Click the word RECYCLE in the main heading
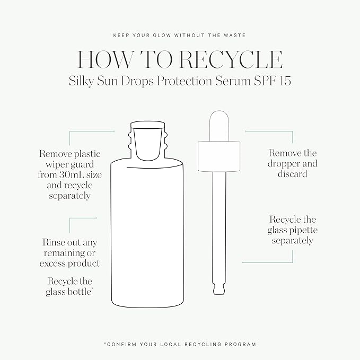coord(231,59)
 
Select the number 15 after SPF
coord(285,81)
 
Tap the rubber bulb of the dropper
coord(219,126)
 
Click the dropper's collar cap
coord(219,156)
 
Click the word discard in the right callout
coord(292,173)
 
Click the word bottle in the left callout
coord(81,292)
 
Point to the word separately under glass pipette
coord(293,241)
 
